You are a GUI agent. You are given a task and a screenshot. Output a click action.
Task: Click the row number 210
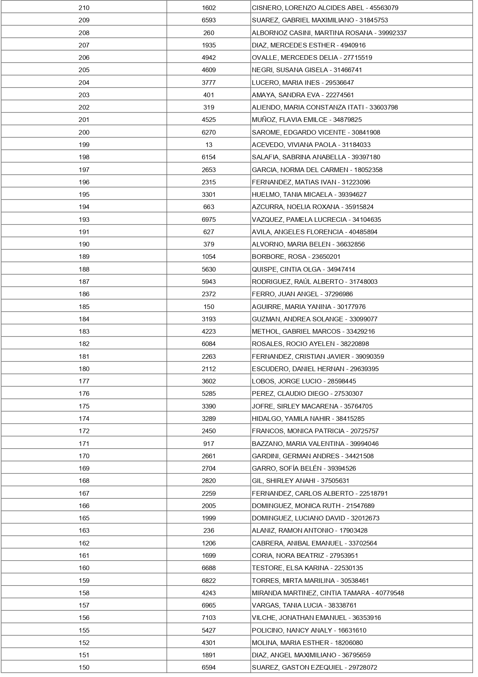point(84,8)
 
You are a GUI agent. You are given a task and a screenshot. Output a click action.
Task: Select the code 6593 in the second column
point(209,20)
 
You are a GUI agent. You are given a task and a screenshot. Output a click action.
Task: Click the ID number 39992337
point(392,33)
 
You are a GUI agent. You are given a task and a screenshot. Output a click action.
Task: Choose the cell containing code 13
point(209,145)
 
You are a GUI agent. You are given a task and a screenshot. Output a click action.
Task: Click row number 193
point(84,219)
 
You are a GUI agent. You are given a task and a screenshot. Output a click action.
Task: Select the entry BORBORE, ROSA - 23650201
point(296,257)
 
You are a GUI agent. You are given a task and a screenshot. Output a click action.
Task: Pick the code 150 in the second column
point(209,307)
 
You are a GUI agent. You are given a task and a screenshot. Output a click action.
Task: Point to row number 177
point(84,381)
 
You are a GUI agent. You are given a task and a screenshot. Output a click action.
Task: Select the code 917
point(209,444)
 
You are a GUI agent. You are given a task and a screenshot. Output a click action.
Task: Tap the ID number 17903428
point(353,530)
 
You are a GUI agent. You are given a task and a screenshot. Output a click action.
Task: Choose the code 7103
point(209,618)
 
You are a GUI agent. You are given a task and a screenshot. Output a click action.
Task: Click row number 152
point(84,643)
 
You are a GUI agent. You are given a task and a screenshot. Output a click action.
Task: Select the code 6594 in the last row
point(209,667)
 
